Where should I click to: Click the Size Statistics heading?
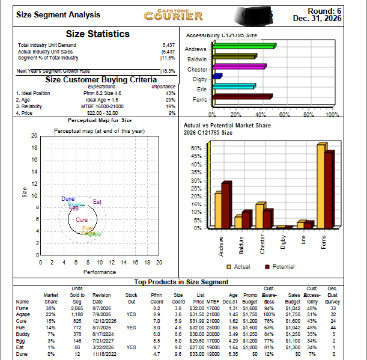pyautogui.click(x=97, y=34)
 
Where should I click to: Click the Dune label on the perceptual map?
pyautogui.click(x=67, y=198)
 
